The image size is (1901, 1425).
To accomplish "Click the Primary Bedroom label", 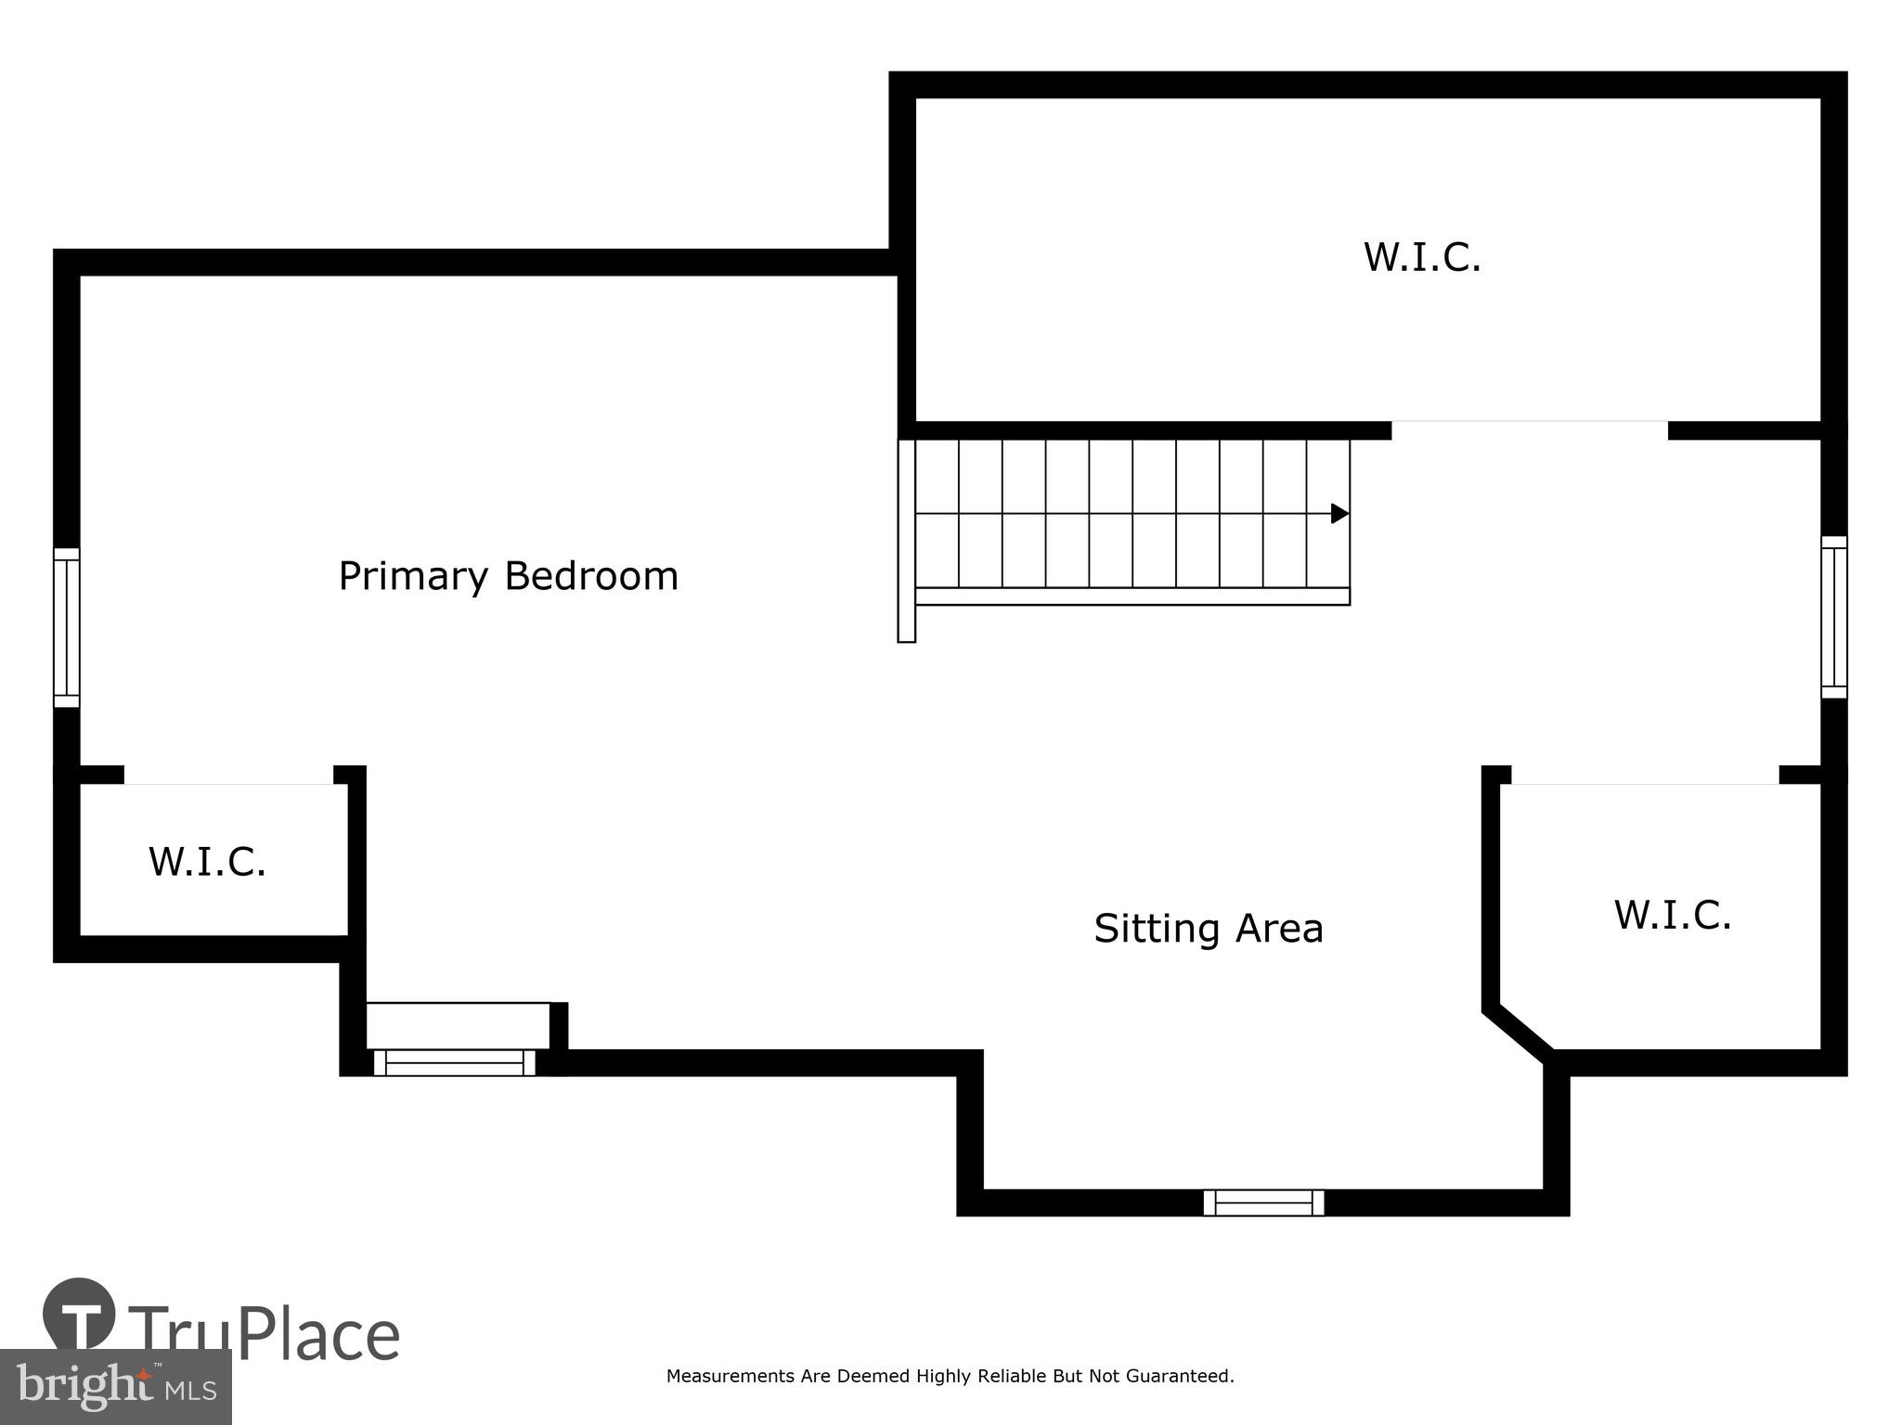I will [x=508, y=577].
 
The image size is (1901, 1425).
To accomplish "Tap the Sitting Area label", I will [x=1208, y=929].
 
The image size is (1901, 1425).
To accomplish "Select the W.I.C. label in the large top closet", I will [x=1421, y=257].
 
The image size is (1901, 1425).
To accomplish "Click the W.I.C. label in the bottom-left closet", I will [x=207, y=861].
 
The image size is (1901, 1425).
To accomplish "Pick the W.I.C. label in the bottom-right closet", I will [x=1672, y=915].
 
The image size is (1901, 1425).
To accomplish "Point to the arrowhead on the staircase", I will [x=1339, y=513].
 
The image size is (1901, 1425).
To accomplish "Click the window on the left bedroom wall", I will [x=66, y=627].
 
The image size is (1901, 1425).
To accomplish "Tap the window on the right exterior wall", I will [x=1833, y=617].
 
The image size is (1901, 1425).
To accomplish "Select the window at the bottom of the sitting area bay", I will [x=1263, y=1202].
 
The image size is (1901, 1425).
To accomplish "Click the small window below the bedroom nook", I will [x=454, y=1062].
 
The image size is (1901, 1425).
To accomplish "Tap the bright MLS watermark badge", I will [x=115, y=1386].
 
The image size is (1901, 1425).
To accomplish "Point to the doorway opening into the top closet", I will [x=1529, y=430].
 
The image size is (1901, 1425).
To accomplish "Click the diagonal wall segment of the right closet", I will [x=1519, y=1032].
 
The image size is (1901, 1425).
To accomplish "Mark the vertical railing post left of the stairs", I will [x=906, y=541].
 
